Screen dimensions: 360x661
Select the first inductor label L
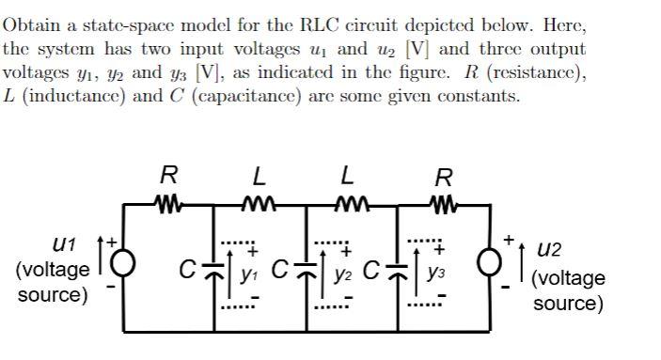click(259, 175)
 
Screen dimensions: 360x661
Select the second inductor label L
click(348, 175)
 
